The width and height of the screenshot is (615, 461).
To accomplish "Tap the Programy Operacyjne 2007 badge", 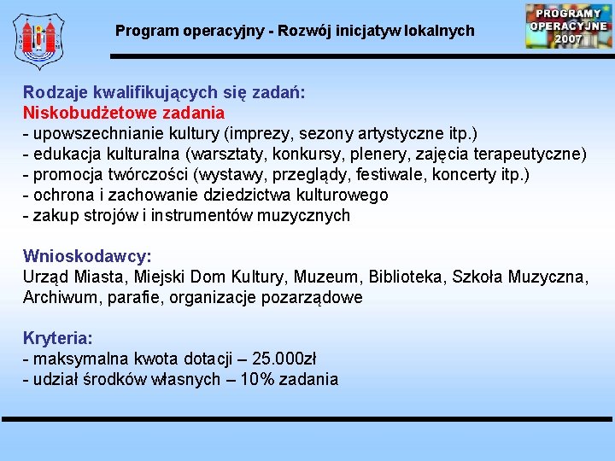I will [x=568, y=26].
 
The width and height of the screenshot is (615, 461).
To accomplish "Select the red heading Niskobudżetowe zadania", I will [x=124, y=113].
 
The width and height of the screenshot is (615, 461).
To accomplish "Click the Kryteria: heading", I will [x=58, y=338].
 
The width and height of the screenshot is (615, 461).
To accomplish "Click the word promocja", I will [x=67, y=174].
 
